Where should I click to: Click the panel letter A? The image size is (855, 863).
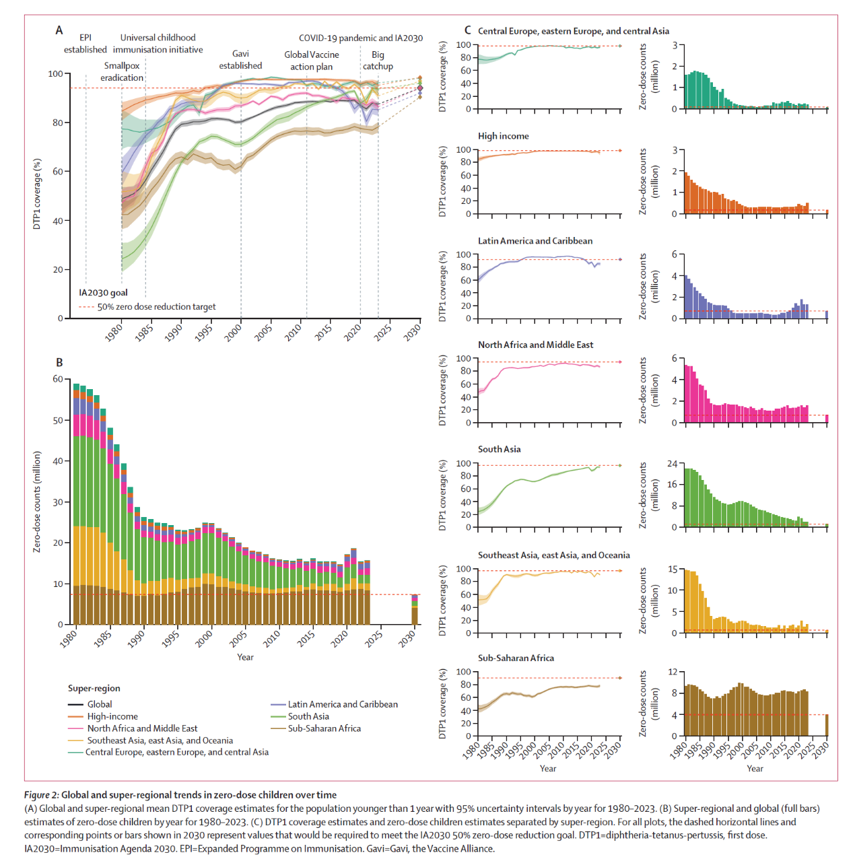pos(59,30)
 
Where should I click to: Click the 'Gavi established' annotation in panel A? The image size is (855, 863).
pos(240,60)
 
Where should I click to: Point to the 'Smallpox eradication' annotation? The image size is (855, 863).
pos(122,72)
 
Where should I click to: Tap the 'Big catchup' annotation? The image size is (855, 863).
pos(378,61)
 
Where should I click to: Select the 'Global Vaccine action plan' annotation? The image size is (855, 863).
pos(312,61)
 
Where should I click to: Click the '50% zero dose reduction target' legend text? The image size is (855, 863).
pos(156,307)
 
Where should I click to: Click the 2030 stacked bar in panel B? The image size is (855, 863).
pos(415,610)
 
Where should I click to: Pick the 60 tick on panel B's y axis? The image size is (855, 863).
pos(58,379)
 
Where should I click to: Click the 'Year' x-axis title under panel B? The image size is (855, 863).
pos(245,657)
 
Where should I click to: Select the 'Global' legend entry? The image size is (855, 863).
pos(100,704)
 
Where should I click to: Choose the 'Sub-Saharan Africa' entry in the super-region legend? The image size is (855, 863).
pos(324,728)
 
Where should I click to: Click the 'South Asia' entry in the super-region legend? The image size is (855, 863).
pos(308,716)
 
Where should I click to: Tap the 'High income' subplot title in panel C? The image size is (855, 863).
pos(503,136)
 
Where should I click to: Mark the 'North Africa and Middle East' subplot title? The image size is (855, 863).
pos(535,345)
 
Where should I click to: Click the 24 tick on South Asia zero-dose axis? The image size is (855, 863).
pos(672,464)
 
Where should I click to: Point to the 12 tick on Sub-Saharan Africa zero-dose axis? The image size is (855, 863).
pos(672,672)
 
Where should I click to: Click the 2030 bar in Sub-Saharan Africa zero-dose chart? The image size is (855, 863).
pos(827,725)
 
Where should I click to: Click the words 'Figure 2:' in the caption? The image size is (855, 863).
pos(42,795)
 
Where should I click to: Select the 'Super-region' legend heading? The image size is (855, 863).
pos(94,688)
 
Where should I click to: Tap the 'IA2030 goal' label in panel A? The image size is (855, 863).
pos(103,293)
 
